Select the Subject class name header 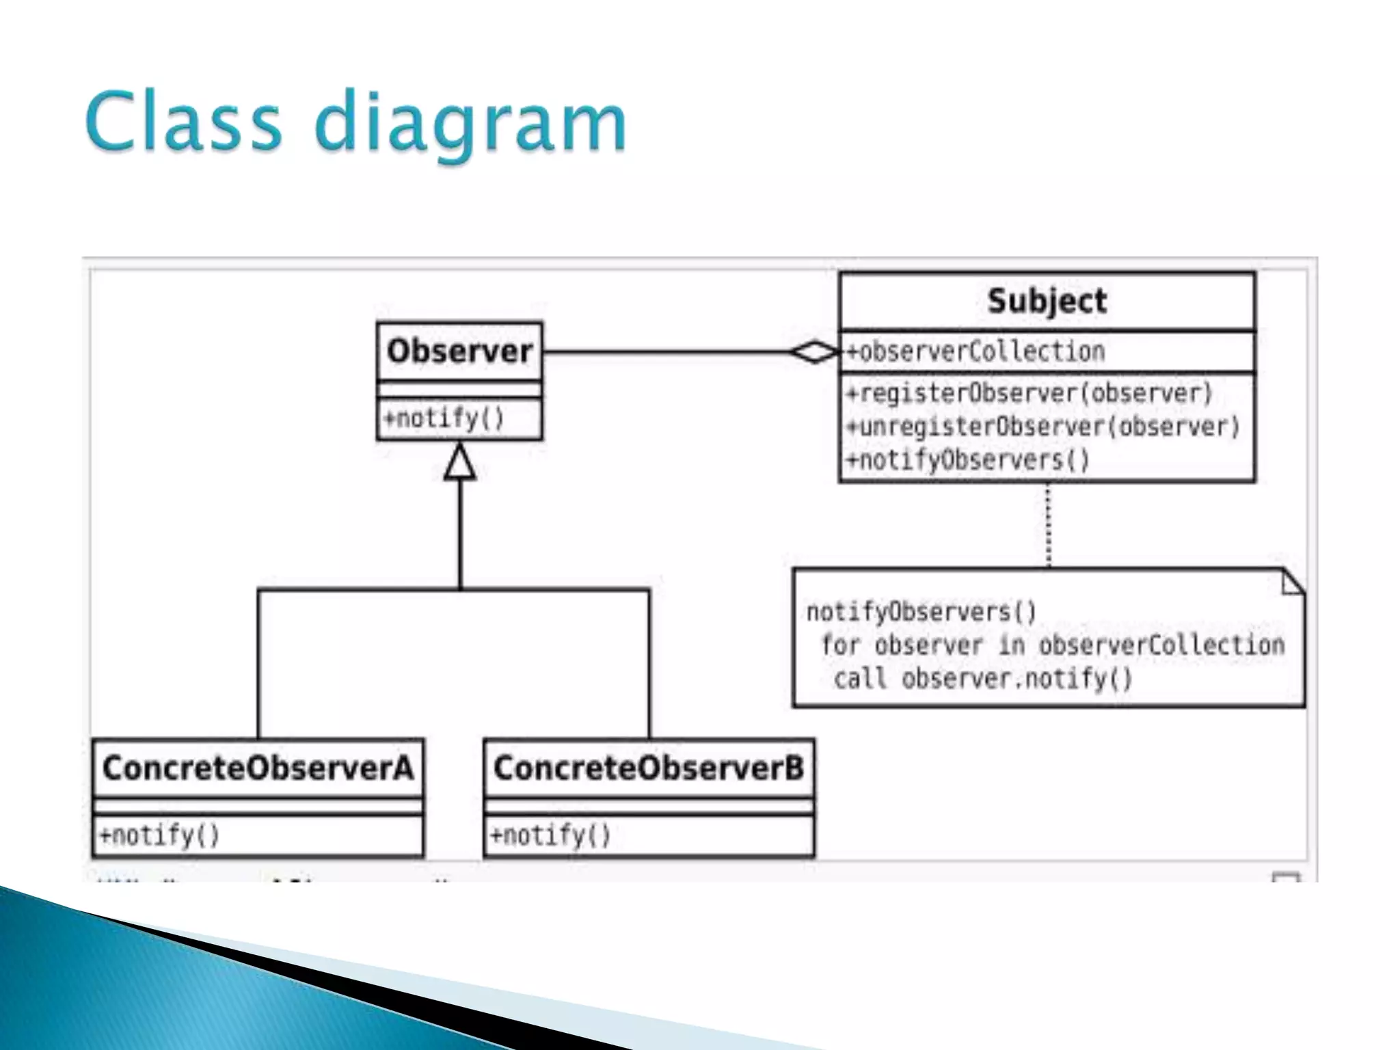(x=1047, y=301)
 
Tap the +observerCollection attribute (x=975, y=352)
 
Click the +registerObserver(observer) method (x=1029, y=394)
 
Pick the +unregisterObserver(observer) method (x=1042, y=427)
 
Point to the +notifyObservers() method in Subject (x=967, y=460)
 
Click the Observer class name (x=459, y=351)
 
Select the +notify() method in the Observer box (x=444, y=418)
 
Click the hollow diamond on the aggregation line (x=814, y=352)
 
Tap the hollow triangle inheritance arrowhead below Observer (x=460, y=463)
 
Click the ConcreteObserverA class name (x=258, y=768)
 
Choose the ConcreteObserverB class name (x=649, y=768)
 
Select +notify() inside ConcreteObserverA (x=159, y=835)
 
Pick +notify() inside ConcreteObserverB (x=550, y=835)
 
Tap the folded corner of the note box (x=1292, y=582)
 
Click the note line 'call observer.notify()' (x=982, y=679)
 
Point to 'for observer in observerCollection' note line (x=1052, y=645)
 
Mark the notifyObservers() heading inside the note (x=921, y=612)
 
